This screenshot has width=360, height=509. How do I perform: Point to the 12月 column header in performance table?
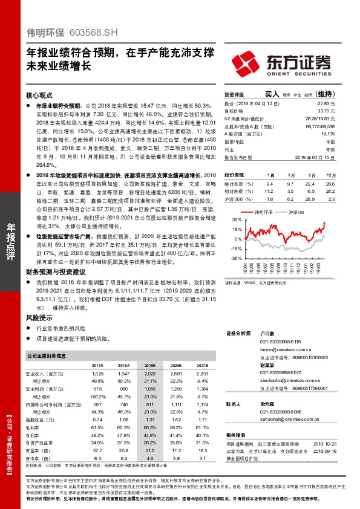330,173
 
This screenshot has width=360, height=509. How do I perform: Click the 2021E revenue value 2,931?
201,375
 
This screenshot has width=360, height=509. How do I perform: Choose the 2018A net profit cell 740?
125,403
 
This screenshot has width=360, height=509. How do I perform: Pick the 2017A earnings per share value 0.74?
97,419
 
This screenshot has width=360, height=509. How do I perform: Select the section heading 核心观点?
40,96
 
